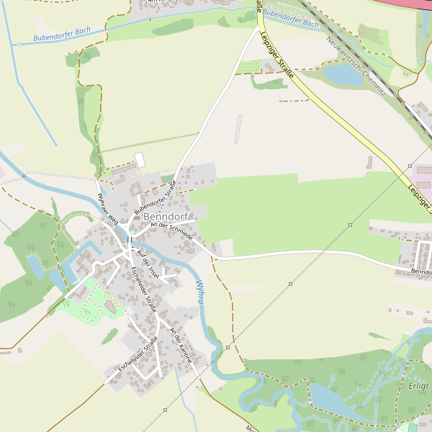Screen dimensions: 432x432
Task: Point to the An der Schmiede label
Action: click(171, 231)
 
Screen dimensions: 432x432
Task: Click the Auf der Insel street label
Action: click(146, 261)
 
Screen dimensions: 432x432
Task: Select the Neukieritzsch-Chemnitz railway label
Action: click(355, 66)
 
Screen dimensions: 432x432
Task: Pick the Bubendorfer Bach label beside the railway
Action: click(290, 18)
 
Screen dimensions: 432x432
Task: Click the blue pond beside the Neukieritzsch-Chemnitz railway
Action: click(341, 74)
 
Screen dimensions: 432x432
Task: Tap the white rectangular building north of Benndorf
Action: click(140, 160)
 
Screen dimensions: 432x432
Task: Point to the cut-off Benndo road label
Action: click(420, 272)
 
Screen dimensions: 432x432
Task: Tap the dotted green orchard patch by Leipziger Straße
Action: click(249, 67)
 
